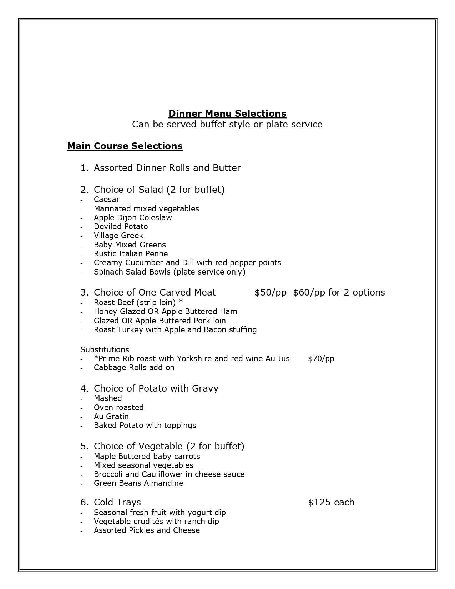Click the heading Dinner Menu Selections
[227, 114]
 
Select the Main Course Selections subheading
[125, 146]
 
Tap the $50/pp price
[271, 292]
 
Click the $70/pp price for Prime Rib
[321, 358]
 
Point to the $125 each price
[331, 502]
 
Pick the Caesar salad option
[106, 199]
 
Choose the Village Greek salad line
[118, 235]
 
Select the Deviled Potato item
[121, 226]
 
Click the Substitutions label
[105, 349]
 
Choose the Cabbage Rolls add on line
[134, 367]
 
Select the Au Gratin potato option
[111, 416]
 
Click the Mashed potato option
[108, 398]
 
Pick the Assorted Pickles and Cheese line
[147, 530]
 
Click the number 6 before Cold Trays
[84, 502]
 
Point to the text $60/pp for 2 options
[339, 292]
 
